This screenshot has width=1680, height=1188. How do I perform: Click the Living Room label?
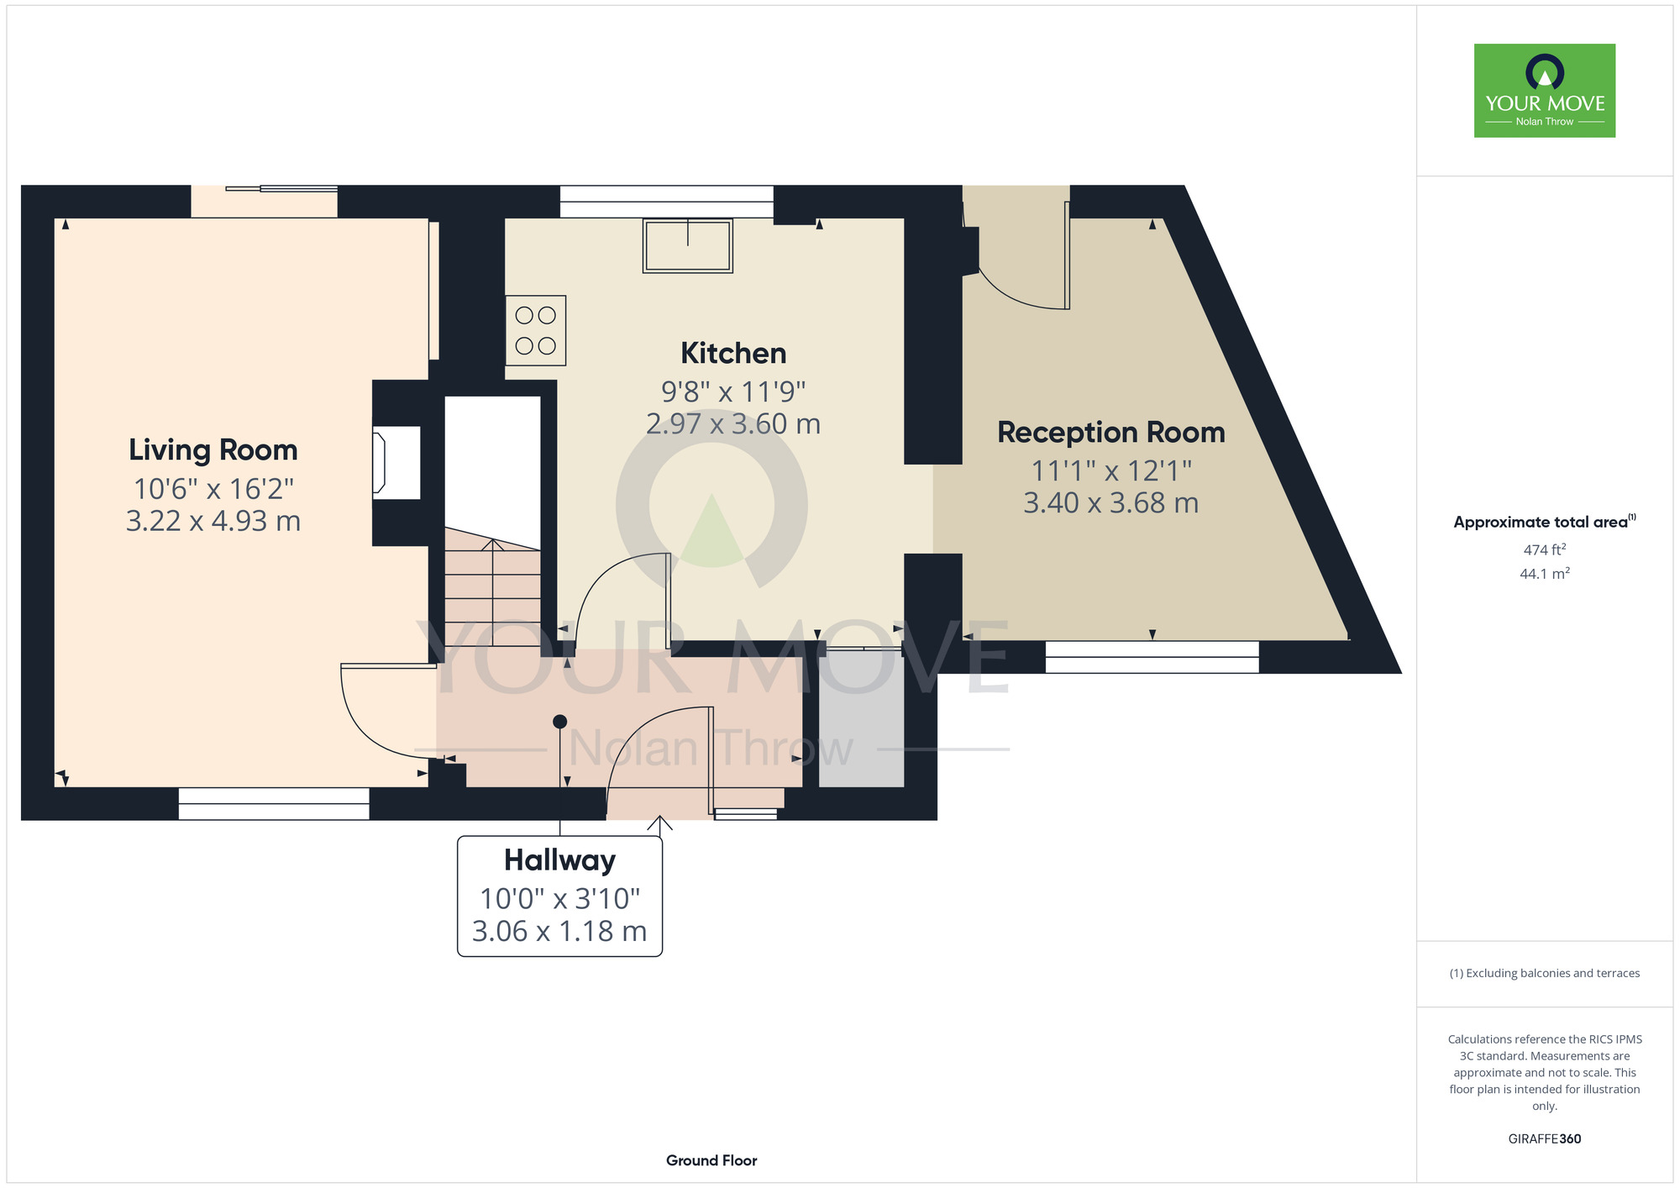click(x=213, y=450)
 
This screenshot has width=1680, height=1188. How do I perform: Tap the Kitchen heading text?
click(x=733, y=353)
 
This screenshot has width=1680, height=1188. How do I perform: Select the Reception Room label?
click(x=1111, y=432)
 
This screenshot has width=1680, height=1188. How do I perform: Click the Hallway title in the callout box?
click(x=559, y=860)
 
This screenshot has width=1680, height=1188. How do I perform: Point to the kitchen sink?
click(x=688, y=245)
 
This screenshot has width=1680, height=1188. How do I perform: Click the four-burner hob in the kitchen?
click(x=536, y=330)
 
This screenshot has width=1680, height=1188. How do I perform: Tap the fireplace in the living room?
click(x=396, y=463)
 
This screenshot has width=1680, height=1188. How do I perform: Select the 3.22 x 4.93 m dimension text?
click(x=213, y=521)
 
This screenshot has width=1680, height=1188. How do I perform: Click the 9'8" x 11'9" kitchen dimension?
click(x=733, y=392)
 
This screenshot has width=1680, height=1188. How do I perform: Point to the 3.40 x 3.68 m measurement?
click(x=1111, y=502)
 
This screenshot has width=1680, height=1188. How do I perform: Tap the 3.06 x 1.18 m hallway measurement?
click(x=559, y=931)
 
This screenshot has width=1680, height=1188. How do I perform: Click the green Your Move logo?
click(x=1545, y=91)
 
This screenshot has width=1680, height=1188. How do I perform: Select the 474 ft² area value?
click(x=1545, y=549)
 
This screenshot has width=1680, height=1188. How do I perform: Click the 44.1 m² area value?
click(x=1545, y=574)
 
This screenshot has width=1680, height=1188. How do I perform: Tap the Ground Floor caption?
click(x=711, y=1160)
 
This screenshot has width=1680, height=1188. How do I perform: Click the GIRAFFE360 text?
click(x=1545, y=1139)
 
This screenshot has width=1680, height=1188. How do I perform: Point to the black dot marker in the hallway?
click(x=560, y=722)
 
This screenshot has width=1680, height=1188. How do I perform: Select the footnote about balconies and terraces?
click(x=1545, y=973)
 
